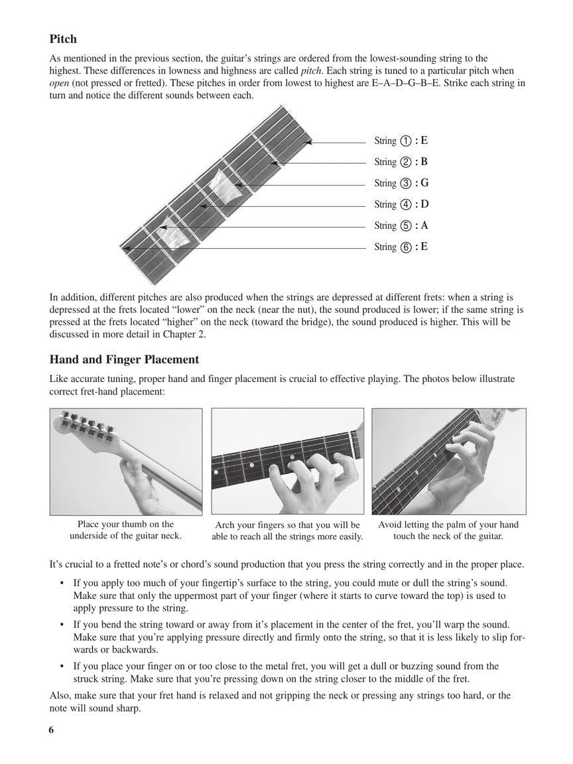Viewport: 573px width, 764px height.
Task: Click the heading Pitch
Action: [x=63, y=39]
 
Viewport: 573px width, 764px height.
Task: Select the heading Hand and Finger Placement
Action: [x=124, y=359]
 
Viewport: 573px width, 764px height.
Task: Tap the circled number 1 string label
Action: [x=407, y=141]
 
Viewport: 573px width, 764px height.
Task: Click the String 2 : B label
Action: [x=401, y=162]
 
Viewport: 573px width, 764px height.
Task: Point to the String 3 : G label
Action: [x=401, y=183]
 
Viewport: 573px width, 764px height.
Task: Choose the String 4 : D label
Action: [x=401, y=204]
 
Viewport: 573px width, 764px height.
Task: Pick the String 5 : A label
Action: [x=401, y=225]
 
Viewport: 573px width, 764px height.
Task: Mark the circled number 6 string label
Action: [x=407, y=247]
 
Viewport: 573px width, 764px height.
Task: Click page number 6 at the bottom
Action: [x=51, y=730]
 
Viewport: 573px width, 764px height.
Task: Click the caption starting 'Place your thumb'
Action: [x=125, y=530]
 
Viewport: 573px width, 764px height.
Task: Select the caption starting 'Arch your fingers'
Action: [x=287, y=531]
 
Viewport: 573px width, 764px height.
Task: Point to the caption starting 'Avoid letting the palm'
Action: [x=448, y=530]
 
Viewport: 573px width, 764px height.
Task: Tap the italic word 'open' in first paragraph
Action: [x=60, y=83]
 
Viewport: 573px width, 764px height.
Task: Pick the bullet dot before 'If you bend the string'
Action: [x=61, y=625]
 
